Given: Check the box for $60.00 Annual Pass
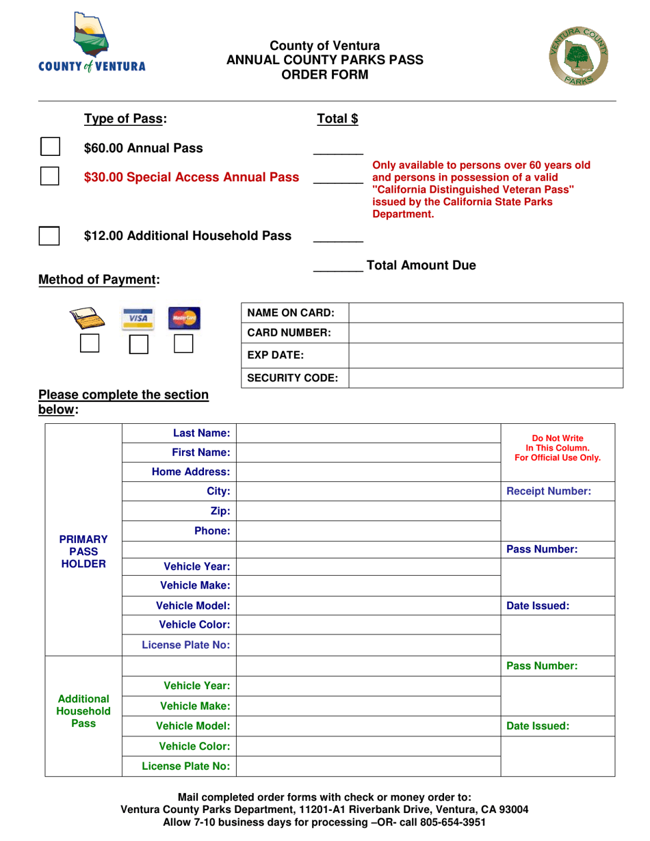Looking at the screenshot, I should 49,148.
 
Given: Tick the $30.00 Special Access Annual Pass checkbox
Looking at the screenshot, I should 49,177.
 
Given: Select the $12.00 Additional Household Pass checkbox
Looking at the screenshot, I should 49,235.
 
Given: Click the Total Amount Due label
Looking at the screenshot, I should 421,265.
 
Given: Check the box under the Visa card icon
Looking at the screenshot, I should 140,343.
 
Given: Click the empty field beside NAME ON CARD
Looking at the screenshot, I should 486,313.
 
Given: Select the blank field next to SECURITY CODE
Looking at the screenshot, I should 486,377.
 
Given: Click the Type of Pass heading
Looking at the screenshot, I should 125,119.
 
